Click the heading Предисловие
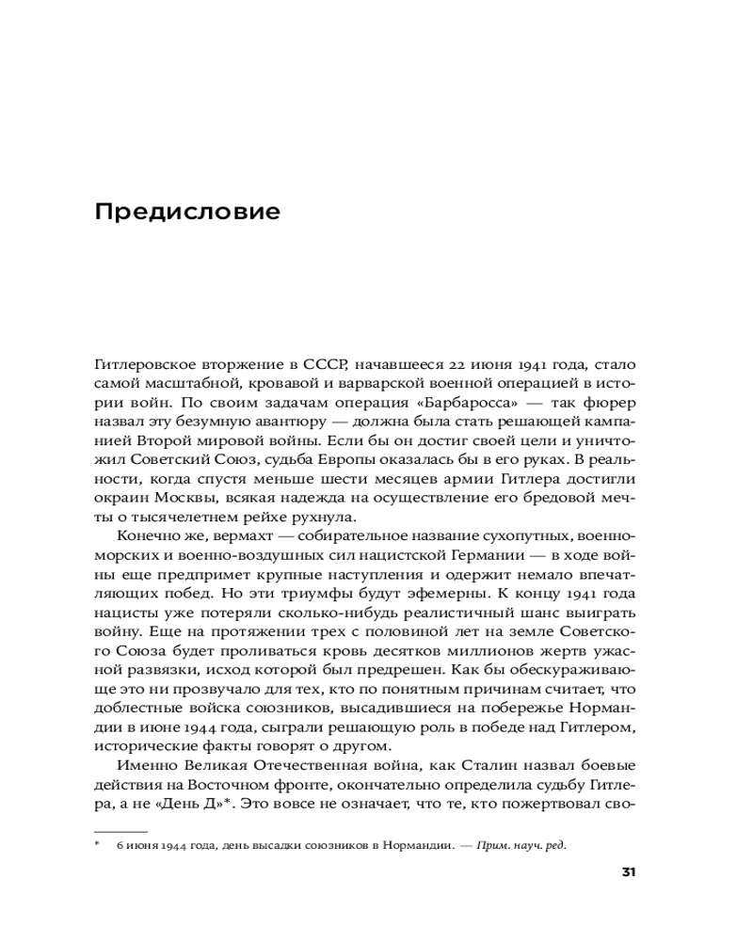click(187, 211)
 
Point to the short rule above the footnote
click(121, 832)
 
